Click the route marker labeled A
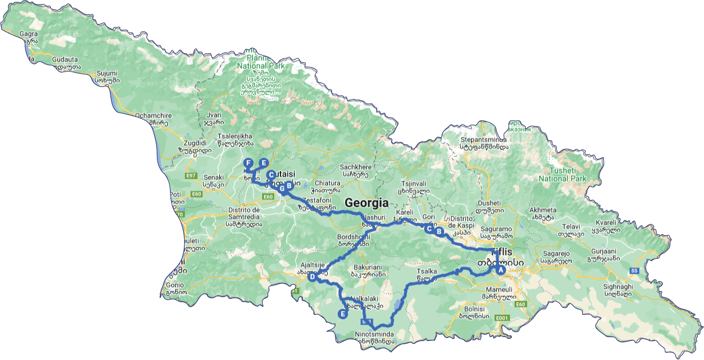coord(500,270)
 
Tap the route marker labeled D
coord(313,277)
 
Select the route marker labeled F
coord(248,163)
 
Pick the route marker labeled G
coord(282,188)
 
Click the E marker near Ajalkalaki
coord(342,313)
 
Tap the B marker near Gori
coord(439,231)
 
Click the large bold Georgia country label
coord(366,203)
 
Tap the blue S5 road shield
coord(634,270)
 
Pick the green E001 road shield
coord(502,318)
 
